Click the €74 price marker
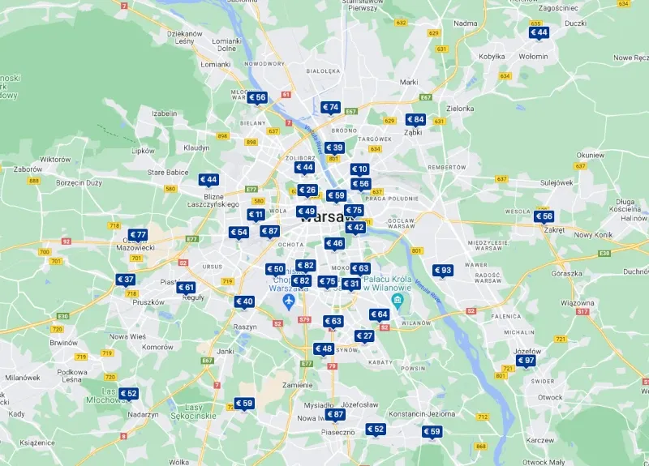click(330, 107)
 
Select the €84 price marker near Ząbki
click(415, 119)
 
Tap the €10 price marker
click(359, 169)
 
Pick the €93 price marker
click(443, 271)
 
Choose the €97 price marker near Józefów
click(526, 361)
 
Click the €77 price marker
click(138, 235)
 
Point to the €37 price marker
click(125, 280)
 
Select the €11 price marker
click(256, 215)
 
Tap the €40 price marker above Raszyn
click(244, 301)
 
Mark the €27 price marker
click(363, 336)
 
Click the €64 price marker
click(379, 314)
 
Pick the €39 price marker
click(334, 147)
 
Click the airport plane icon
click(288, 301)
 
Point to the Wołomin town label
click(533, 57)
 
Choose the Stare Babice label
click(168, 173)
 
